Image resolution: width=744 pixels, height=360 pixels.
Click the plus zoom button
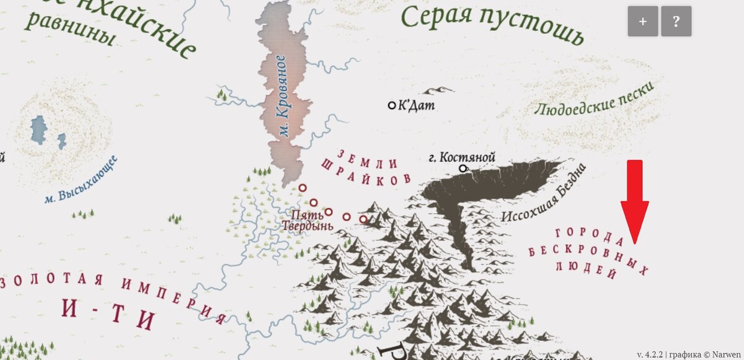point(643,22)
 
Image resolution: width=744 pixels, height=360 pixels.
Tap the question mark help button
point(676,22)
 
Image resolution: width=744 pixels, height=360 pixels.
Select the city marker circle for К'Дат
point(392,105)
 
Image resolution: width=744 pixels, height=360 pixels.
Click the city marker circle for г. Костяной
point(463,168)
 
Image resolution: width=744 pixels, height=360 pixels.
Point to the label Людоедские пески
point(594,101)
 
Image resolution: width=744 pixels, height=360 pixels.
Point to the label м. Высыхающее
point(81,180)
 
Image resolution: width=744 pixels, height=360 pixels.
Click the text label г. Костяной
point(462,157)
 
